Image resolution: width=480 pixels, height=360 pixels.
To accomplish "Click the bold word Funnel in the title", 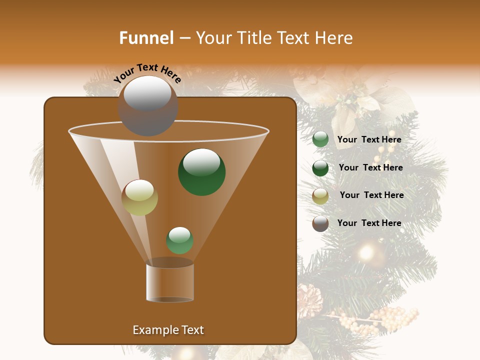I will tap(146, 38).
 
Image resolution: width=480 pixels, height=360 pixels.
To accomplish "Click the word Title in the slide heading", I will tap(254, 38).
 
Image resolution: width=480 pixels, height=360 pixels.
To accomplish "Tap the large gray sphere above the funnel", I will tap(147, 105).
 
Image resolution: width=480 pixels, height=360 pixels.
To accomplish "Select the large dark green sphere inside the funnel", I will tap(201, 172).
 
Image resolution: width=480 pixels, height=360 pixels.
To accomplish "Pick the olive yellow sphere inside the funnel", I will tap(139, 197).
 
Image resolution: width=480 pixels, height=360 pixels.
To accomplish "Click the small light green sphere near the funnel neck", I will tap(179, 240).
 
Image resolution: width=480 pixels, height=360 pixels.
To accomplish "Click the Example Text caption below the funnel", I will tap(168, 330).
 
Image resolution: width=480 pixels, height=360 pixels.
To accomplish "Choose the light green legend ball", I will tap(320, 139).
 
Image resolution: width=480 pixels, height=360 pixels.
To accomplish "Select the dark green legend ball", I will tap(320, 168).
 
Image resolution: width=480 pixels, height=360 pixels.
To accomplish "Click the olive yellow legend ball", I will tap(320, 196).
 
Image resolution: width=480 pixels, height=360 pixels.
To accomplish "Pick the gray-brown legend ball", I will tap(320, 223).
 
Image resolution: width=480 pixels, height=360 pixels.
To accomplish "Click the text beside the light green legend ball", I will tap(369, 139).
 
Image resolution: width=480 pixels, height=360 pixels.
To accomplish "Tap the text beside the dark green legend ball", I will tap(370, 167).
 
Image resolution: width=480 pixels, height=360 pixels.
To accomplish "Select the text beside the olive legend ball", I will tap(371, 195).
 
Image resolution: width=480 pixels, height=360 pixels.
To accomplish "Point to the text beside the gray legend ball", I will tap(369, 223).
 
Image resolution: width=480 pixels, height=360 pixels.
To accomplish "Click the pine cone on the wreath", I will tap(308, 299).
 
